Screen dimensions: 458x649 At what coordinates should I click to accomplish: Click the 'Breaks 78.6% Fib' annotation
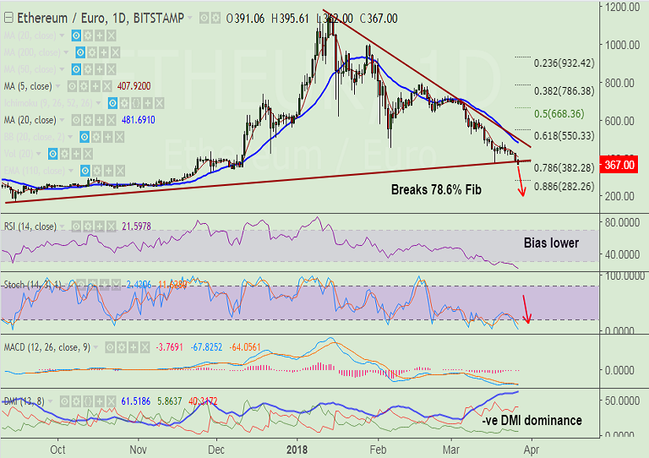pyautogui.click(x=437, y=190)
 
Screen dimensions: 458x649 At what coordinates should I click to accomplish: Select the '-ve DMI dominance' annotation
pyautogui.click(x=532, y=420)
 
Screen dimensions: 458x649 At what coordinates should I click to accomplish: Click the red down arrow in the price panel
pyautogui.click(x=521, y=184)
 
